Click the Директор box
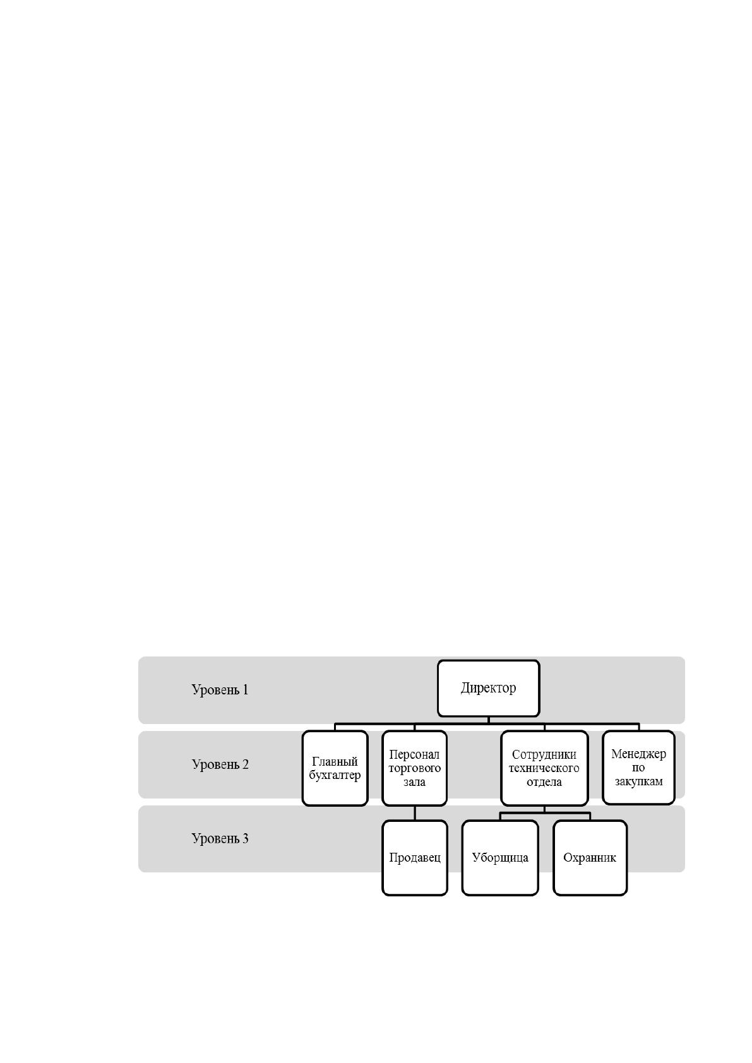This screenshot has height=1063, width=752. point(488,687)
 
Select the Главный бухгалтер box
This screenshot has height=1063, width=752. point(335,768)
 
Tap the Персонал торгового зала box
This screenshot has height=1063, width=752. point(414,768)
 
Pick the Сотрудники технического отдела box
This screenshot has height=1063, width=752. point(544,768)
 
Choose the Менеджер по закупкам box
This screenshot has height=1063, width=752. point(638,768)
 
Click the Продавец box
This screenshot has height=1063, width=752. point(414,857)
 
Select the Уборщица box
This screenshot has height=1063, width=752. point(500,857)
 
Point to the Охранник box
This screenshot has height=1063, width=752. point(590,857)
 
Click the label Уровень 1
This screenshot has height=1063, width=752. point(220,689)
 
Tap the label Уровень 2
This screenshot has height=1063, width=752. point(220,764)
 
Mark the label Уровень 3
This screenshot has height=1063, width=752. point(220,838)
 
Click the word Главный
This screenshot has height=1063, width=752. point(335,761)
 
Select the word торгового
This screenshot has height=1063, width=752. point(414,768)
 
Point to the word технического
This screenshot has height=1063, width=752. point(544,768)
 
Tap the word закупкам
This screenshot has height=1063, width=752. point(638,781)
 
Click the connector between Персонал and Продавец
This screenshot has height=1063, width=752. point(414,813)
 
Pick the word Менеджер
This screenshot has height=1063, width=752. point(638,754)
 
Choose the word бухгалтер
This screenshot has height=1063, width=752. point(335,775)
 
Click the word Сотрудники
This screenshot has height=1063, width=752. point(544,754)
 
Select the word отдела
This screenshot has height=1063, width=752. point(544,781)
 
